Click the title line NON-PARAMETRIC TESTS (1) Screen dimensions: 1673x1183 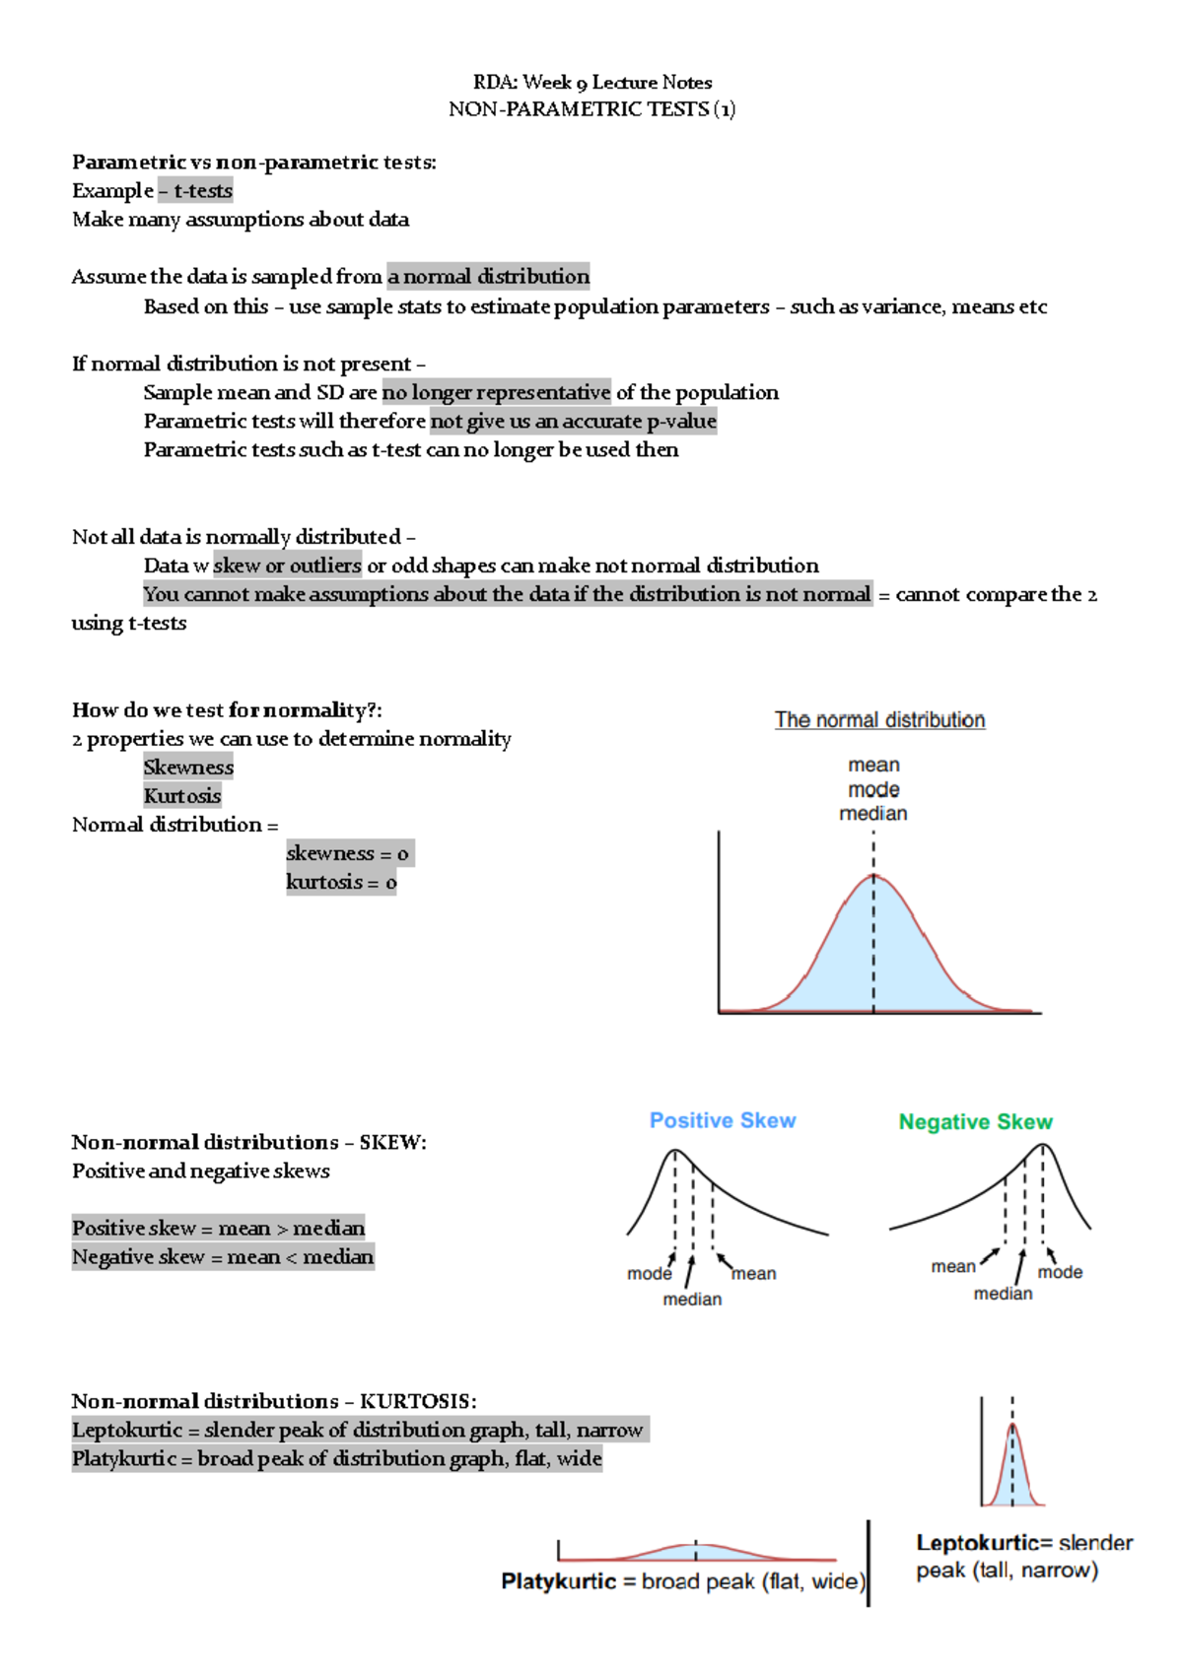tap(591, 109)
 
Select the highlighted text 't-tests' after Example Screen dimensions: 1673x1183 tap(203, 190)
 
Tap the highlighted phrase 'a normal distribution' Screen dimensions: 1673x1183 tap(488, 276)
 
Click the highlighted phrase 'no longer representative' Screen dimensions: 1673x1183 tap(496, 392)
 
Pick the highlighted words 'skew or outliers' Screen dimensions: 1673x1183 tap(287, 566)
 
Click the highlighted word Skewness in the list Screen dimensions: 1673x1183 tap(188, 767)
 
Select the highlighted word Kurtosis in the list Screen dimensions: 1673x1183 tap(182, 795)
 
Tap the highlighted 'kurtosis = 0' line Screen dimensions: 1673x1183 tap(341, 882)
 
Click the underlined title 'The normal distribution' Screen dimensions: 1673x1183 tap(879, 720)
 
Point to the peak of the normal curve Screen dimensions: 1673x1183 tap(873, 876)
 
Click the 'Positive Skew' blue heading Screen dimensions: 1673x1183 tap(722, 1120)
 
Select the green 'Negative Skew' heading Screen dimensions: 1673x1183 tap(975, 1122)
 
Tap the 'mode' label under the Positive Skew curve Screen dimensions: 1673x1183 tap(649, 1274)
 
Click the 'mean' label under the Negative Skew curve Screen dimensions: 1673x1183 tap(952, 1267)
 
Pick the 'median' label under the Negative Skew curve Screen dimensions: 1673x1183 tap(1003, 1294)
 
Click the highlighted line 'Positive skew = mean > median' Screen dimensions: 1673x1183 tap(218, 1228)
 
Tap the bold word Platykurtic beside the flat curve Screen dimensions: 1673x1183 tap(558, 1581)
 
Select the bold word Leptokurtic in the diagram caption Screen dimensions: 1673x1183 tap(977, 1543)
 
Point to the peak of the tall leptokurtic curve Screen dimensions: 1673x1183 tap(1012, 1426)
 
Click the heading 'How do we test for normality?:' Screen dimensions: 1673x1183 tap(227, 709)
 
